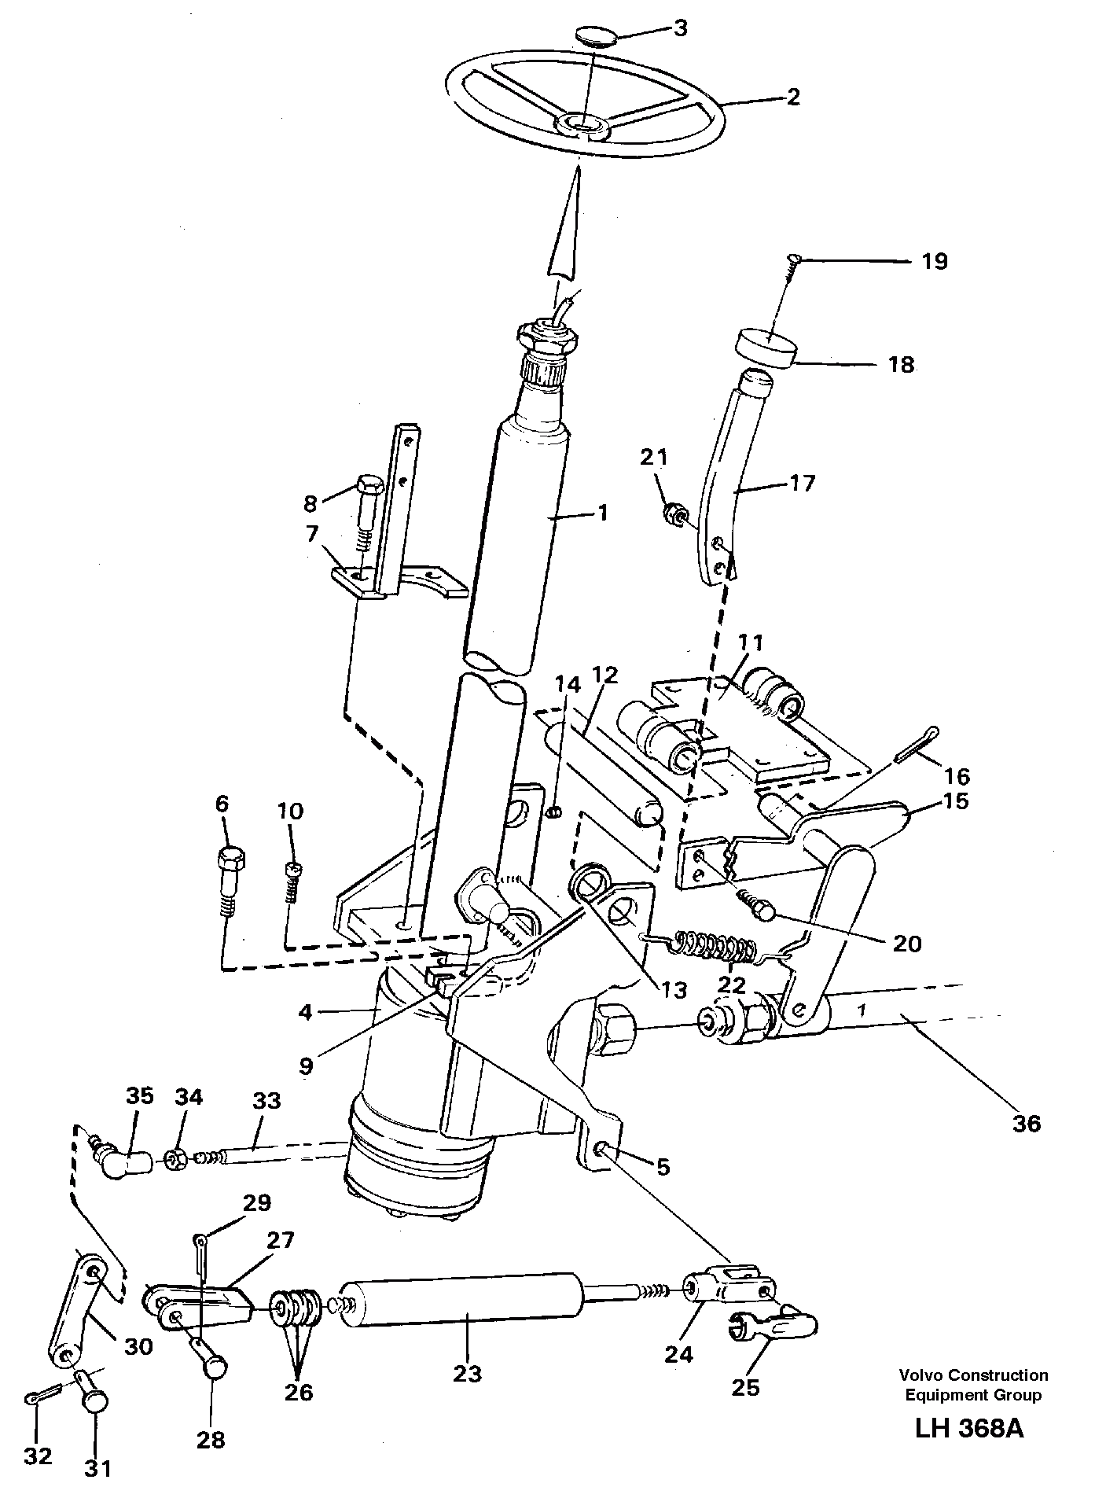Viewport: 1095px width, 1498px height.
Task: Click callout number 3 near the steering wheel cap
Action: pos(680,28)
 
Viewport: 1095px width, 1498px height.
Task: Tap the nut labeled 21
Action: pos(674,515)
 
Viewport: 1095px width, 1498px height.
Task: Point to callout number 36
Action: pos(1027,1123)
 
